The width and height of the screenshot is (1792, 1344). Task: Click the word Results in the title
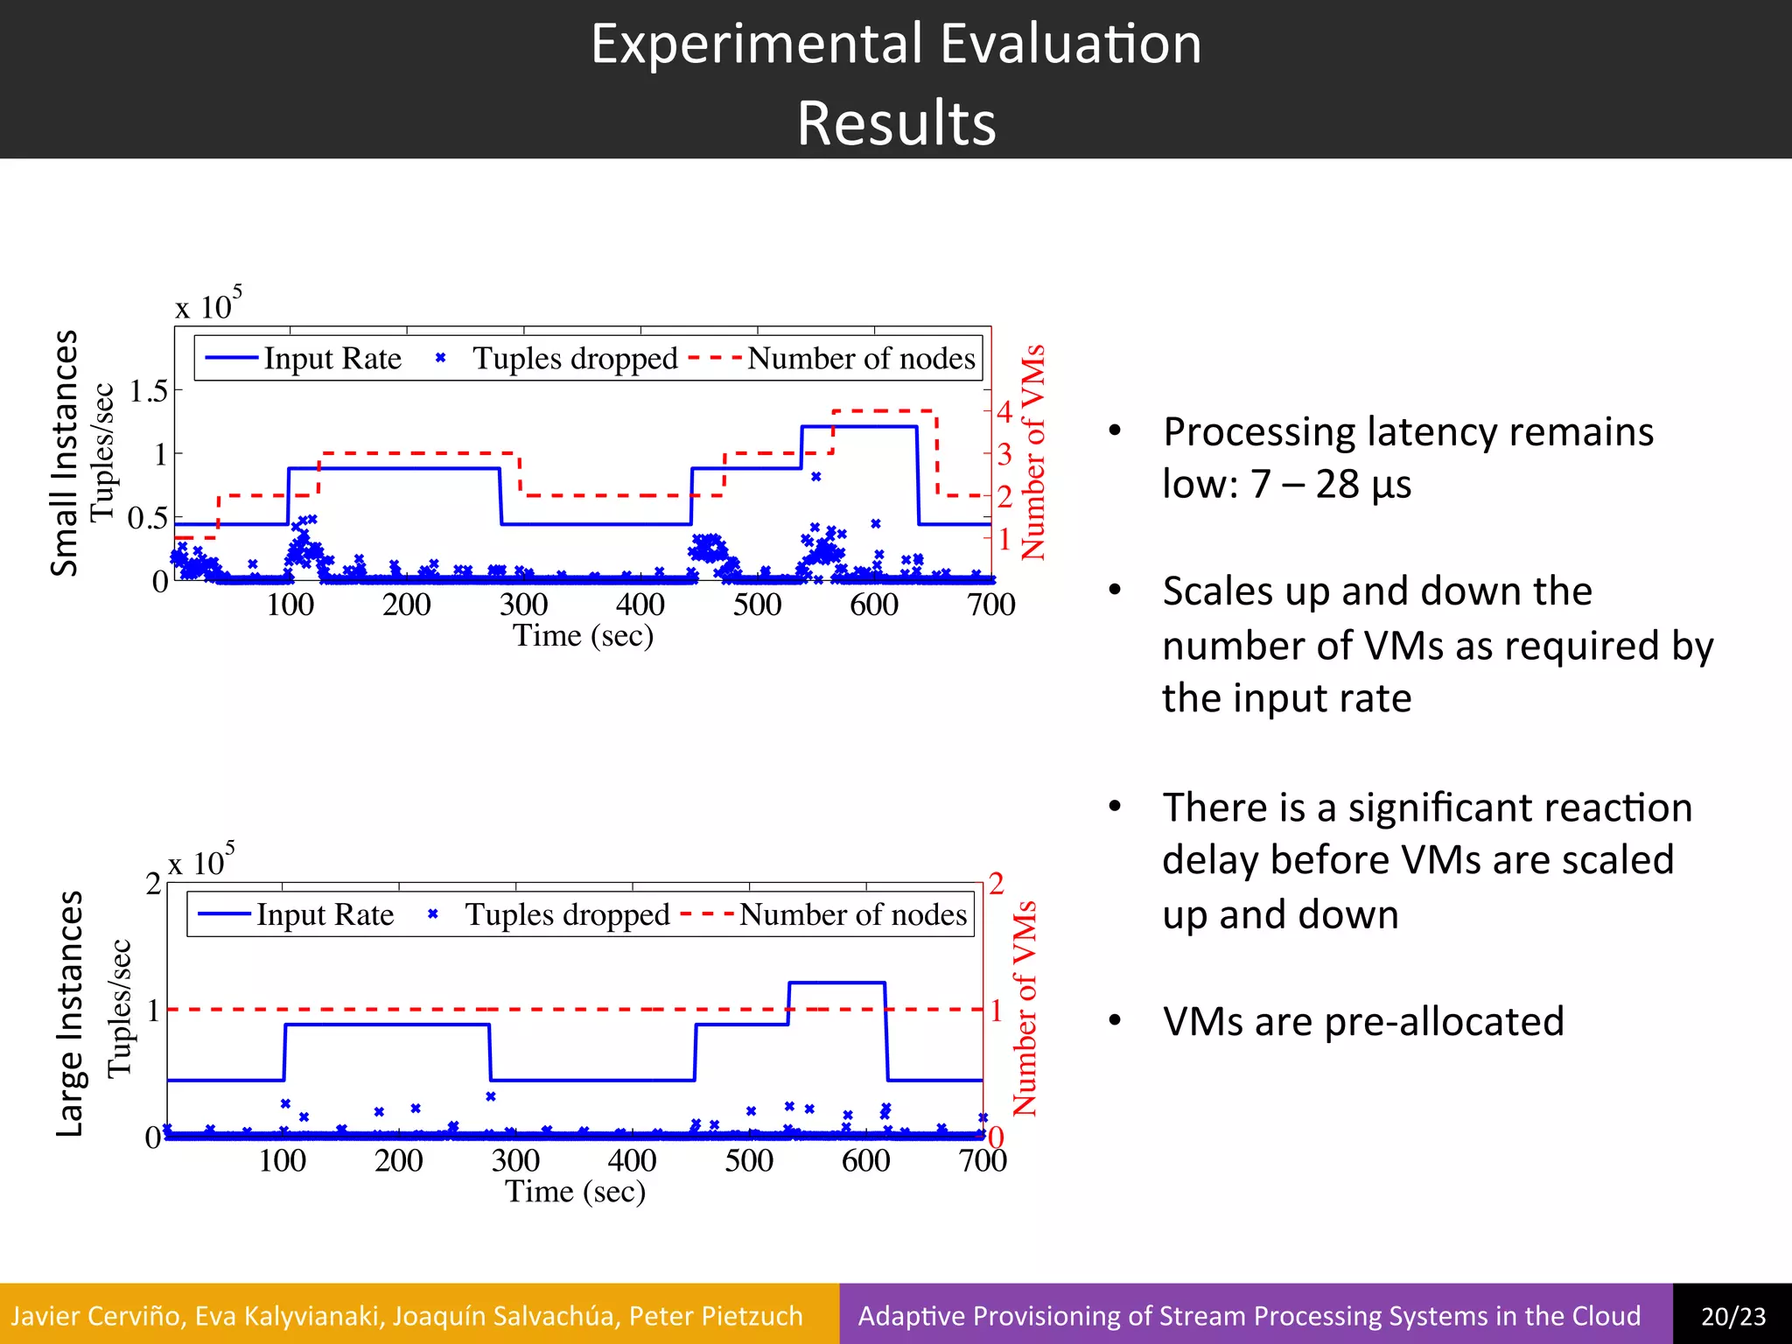tap(896, 122)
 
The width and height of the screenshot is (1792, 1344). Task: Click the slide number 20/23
tap(1732, 1316)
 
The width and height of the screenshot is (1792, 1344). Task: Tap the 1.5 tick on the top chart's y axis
tap(149, 391)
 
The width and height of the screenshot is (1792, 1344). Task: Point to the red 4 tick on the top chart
tap(1004, 411)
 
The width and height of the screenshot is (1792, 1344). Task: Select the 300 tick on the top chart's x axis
tap(523, 605)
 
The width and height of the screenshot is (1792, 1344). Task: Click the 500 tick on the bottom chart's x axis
tap(749, 1161)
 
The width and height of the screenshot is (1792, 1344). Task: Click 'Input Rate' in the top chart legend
tap(332, 359)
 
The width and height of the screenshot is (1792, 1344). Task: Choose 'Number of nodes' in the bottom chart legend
tap(853, 914)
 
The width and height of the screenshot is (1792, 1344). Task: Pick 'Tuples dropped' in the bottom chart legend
tap(567, 914)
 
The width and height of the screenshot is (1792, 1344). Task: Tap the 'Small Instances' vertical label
tap(65, 452)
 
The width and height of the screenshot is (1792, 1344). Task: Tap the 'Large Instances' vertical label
tap(69, 1013)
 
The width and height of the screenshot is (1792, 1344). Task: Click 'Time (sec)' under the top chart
tap(583, 635)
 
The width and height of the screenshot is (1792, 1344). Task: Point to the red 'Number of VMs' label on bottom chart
tap(1025, 1008)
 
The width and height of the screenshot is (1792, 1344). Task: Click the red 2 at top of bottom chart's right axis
tap(996, 884)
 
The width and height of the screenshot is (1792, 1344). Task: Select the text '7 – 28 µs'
tap(1330, 484)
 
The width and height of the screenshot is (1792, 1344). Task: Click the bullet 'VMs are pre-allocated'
tap(1362, 1021)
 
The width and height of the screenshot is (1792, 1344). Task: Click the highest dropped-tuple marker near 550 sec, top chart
tap(815, 477)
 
